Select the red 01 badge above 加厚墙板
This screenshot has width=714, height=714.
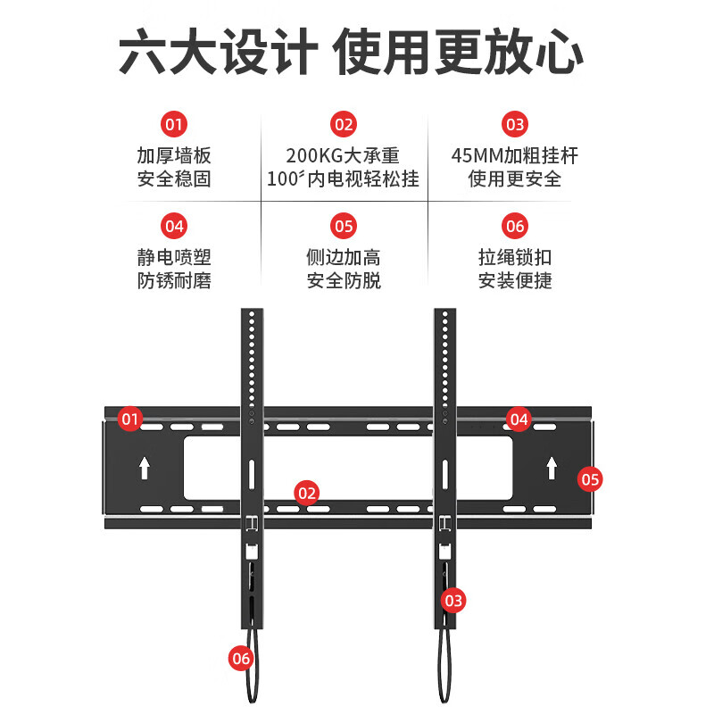pos(174,123)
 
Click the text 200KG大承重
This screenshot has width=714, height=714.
pos(343,156)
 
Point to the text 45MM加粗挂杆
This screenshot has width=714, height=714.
pos(515,156)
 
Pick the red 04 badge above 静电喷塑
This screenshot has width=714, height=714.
pos(174,225)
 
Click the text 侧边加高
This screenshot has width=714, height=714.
pos(344,258)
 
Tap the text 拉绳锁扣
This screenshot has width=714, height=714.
pos(515,258)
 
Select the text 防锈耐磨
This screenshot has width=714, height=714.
pos(174,280)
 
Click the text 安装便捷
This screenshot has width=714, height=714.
pos(515,280)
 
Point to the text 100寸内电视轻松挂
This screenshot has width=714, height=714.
pos(343,178)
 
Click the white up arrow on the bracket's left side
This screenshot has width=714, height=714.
pos(145,467)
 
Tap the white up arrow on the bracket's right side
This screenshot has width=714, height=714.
pos(552,467)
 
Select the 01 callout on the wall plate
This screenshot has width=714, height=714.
pos(130,418)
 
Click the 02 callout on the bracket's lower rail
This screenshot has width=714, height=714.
pos(307,492)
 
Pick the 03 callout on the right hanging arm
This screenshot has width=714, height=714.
pos(453,601)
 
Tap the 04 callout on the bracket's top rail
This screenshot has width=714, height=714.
pos(519,418)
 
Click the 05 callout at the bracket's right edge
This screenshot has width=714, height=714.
pos(590,479)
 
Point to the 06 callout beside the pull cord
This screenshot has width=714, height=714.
pos(241,659)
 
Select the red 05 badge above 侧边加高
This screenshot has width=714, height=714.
pos(344,225)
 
